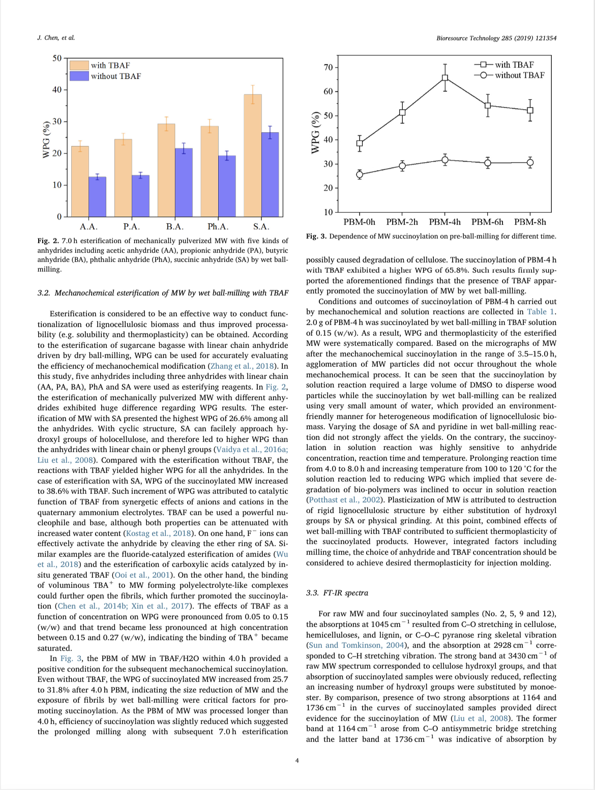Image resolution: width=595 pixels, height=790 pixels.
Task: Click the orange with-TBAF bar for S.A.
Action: point(253,156)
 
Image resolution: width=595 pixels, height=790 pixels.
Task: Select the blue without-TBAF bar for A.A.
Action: point(97,197)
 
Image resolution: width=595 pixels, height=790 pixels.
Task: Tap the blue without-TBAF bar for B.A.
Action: point(184,183)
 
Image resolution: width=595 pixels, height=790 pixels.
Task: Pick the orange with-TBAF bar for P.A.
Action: point(123,178)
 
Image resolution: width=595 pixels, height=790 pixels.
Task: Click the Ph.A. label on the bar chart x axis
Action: point(218,227)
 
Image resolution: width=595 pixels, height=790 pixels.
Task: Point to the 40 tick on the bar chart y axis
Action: point(56,90)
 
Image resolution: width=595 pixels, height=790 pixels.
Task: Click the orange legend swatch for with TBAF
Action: point(79,66)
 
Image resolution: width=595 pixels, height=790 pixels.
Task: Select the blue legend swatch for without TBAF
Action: point(79,76)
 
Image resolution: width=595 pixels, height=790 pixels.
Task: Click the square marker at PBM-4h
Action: point(445,78)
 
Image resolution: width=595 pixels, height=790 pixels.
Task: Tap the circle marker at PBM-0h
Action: point(360,175)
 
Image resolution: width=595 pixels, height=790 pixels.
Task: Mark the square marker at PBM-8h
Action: point(530,110)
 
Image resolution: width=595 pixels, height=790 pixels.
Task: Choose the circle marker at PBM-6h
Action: point(488,163)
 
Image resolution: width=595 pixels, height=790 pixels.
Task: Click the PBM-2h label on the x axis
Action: point(402,222)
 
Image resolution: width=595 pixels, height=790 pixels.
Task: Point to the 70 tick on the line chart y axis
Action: point(328,68)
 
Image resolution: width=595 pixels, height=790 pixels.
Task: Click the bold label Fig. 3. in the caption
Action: point(316,236)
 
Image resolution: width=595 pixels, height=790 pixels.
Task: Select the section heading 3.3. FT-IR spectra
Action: point(337,593)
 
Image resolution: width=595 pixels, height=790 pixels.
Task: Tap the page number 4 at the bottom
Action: point(297,761)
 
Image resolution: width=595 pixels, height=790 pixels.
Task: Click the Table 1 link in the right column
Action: point(541,312)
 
